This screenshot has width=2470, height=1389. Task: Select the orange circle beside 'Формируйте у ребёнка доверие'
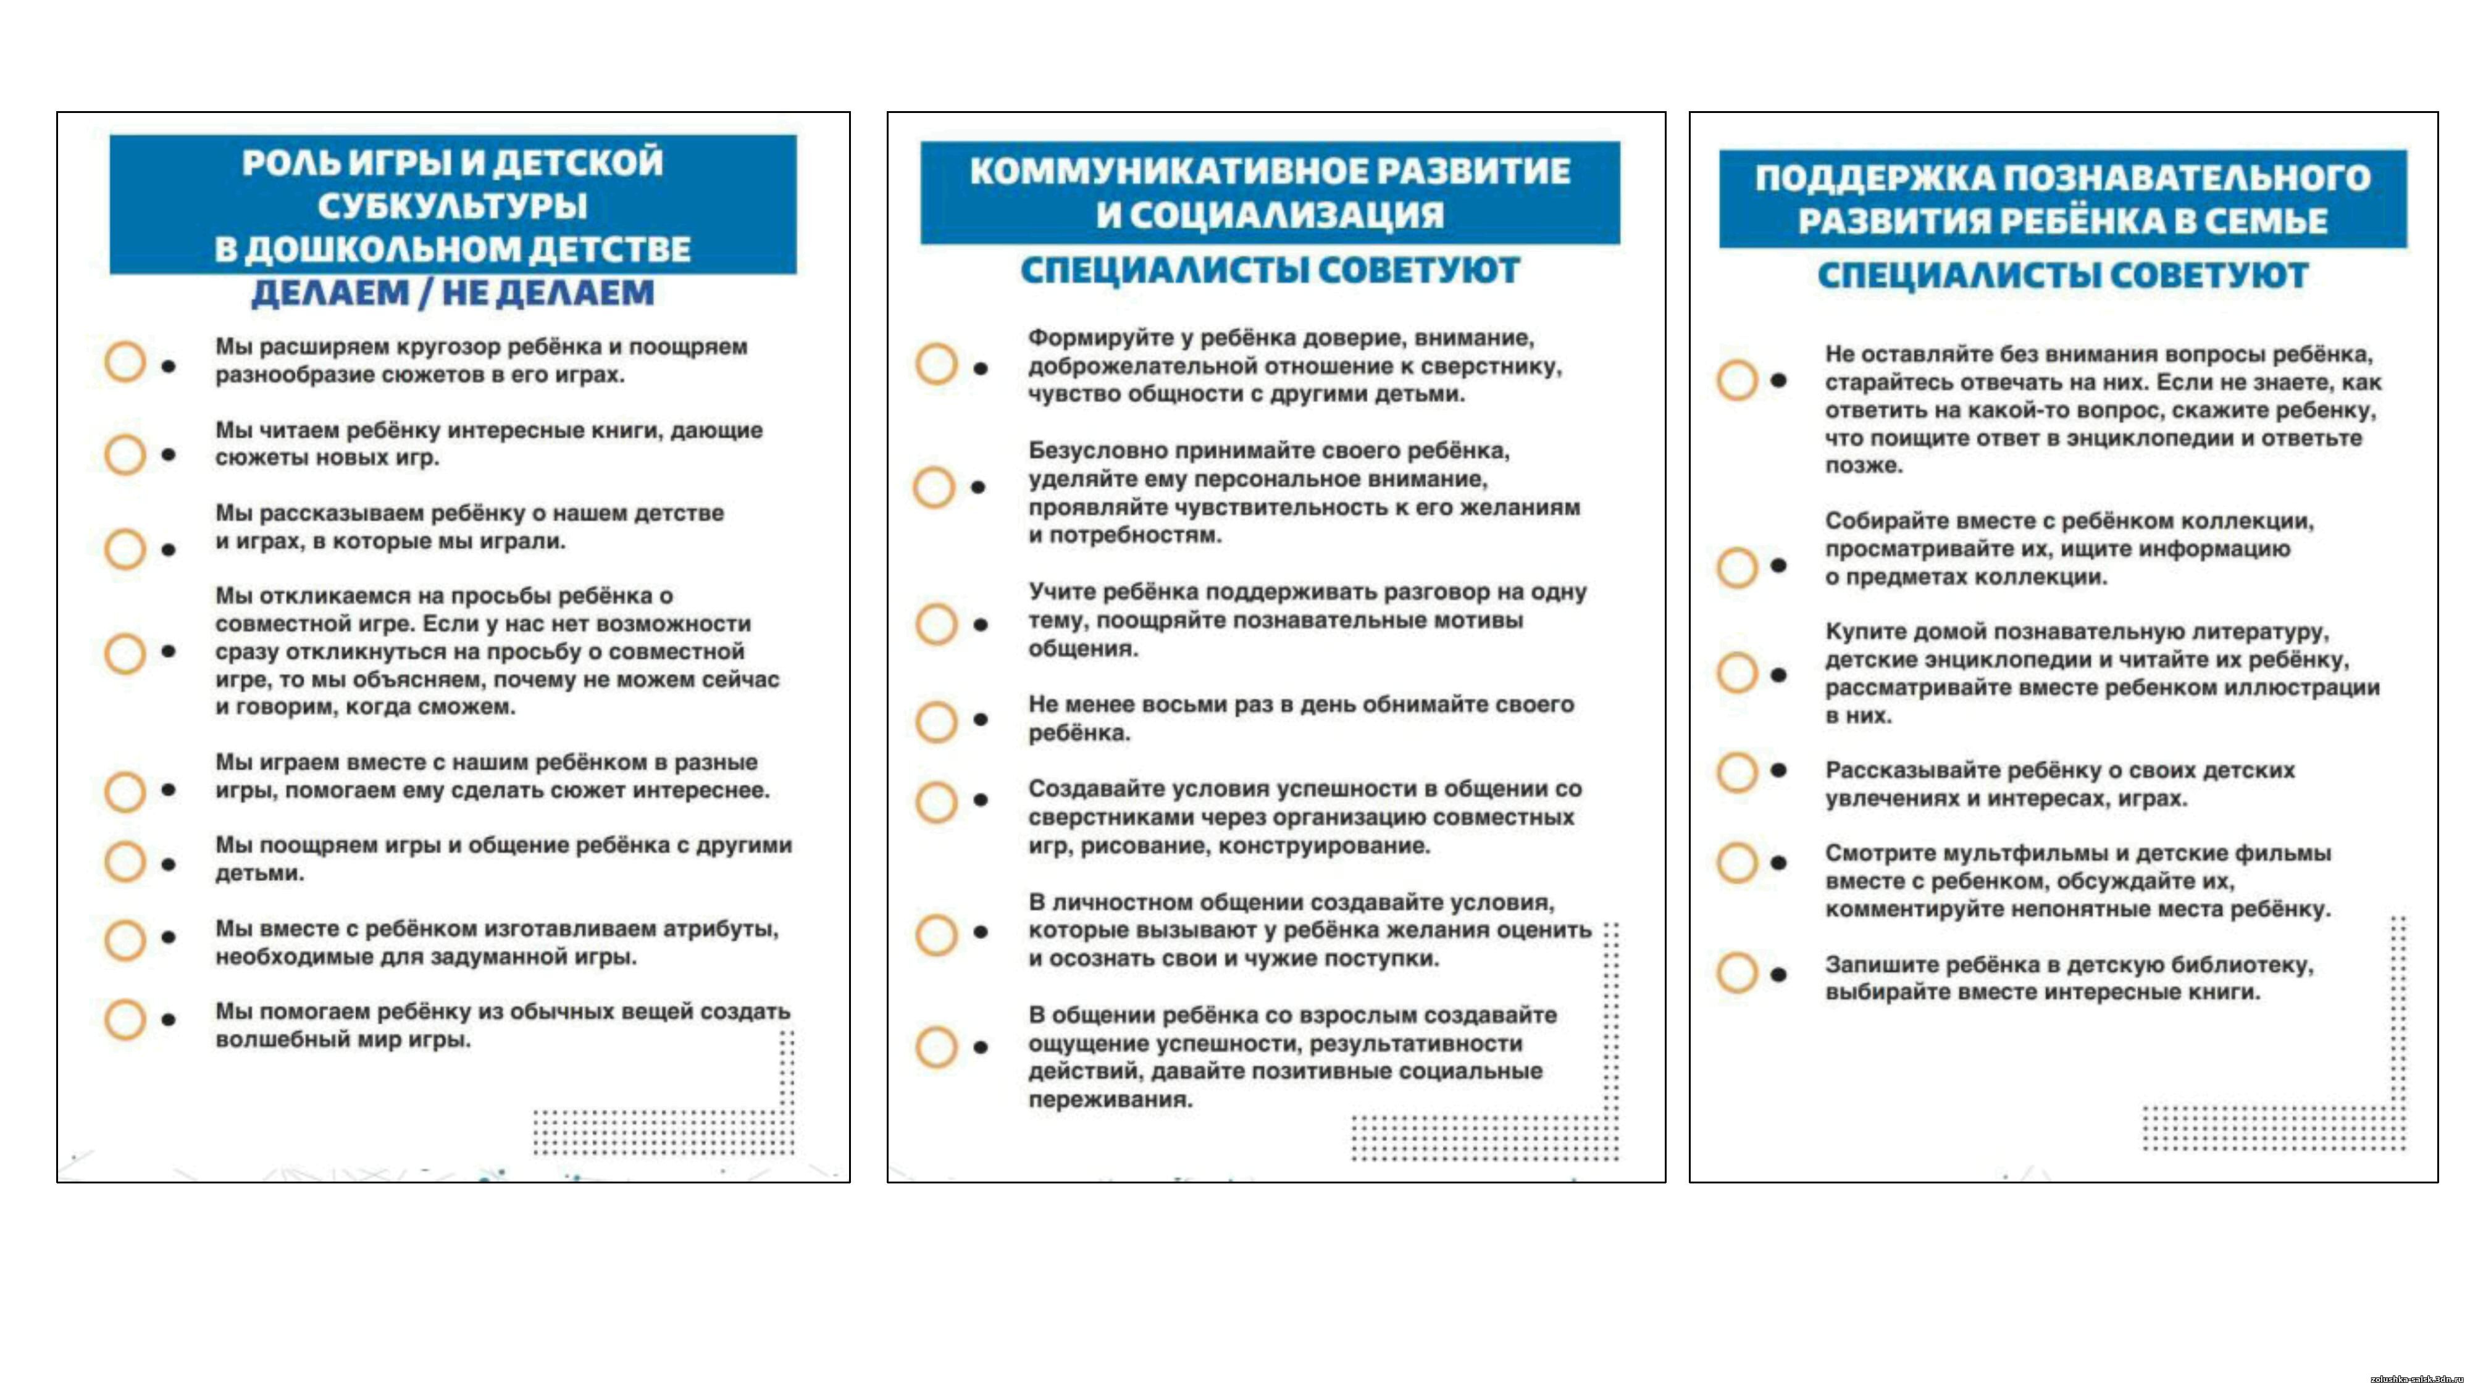[x=936, y=364]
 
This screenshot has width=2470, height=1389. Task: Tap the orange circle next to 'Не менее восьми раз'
[x=936, y=721]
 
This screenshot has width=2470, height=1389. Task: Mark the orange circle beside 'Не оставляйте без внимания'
[x=1736, y=380]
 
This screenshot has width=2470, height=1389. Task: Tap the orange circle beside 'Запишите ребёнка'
[x=1736, y=972]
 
